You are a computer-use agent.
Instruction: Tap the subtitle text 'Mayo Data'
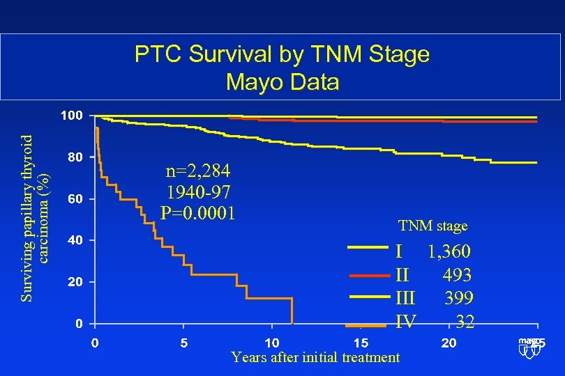(x=282, y=82)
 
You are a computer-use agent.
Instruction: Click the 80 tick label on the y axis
(x=73, y=157)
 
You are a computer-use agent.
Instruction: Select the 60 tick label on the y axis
(x=73, y=199)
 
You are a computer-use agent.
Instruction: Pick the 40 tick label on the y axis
(x=73, y=240)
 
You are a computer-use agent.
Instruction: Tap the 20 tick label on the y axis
(x=73, y=282)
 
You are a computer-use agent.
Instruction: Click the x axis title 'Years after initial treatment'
(x=315, y=357)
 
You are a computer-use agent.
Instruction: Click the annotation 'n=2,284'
(x=198, y=171)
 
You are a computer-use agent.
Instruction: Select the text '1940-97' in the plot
(x=198, y=191)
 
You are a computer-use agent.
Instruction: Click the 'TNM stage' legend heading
(x=432, y=226)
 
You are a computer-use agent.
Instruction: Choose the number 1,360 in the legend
(x=449, y=251)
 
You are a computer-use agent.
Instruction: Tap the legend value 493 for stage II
(x=457, y=275)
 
